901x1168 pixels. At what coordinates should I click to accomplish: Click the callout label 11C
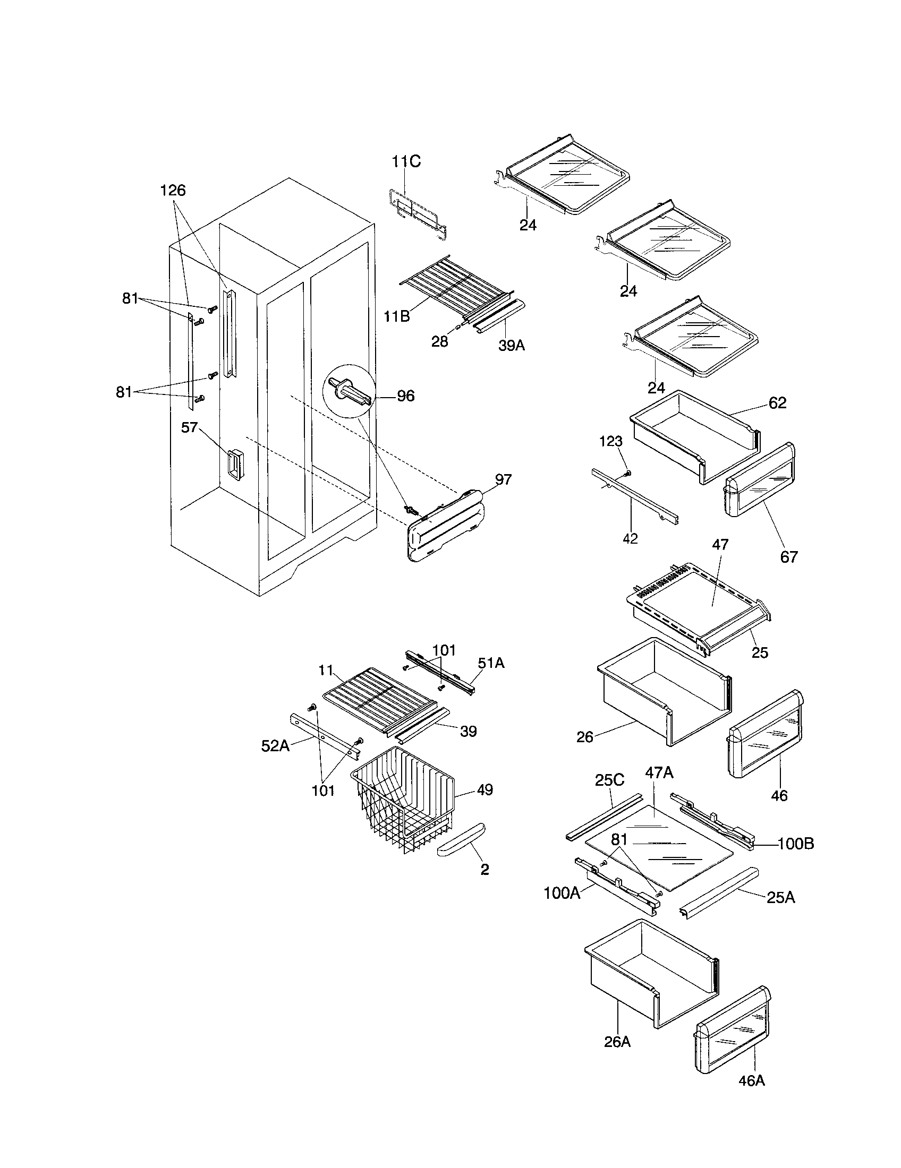[x=405, y=161]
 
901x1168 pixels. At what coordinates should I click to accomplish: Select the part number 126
[x=173, y=190]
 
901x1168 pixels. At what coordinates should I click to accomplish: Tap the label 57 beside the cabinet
[x=190, y=427]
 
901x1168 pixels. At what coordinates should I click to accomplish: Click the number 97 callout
[x=503, y=480]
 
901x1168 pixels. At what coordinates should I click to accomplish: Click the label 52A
[x=275, y=745]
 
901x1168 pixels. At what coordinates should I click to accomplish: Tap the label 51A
[x=491, y=663]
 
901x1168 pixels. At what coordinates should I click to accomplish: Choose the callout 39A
[x=512, y=346]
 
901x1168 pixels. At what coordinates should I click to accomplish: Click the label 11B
[x=396, y=316]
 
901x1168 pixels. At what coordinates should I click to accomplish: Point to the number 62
[x=777, y=403]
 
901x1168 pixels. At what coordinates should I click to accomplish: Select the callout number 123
[x=610, y=441]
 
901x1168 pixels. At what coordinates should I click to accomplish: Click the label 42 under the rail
[x=630, y=538]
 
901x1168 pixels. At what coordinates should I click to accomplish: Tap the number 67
[x=789, y=557]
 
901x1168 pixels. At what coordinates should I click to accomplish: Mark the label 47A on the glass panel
[x=659, y=772]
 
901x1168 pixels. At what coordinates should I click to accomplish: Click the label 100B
[x=796, y=844]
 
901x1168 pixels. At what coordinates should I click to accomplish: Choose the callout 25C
[x=609, y=780]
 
